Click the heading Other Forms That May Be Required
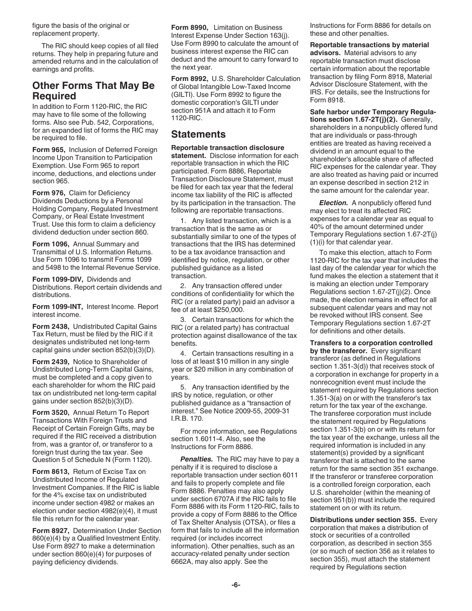[93, 90]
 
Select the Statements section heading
[198, 134]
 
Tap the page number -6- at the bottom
[236, 585]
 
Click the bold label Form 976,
[49, 193]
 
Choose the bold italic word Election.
[333, 203]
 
